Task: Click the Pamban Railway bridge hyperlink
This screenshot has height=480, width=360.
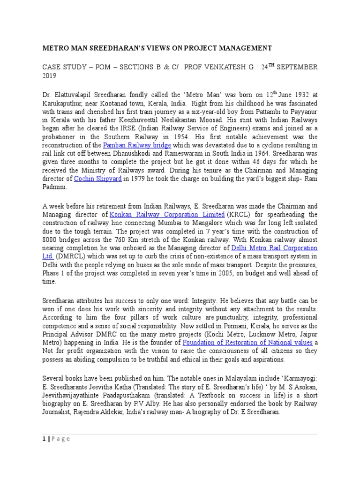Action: pyautogui.click(x=131, y=146)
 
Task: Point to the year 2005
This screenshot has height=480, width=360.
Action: pyautogui.click(x=213, y=273)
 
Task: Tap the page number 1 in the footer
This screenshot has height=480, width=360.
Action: pyautogui.click(x=44, y=439)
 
